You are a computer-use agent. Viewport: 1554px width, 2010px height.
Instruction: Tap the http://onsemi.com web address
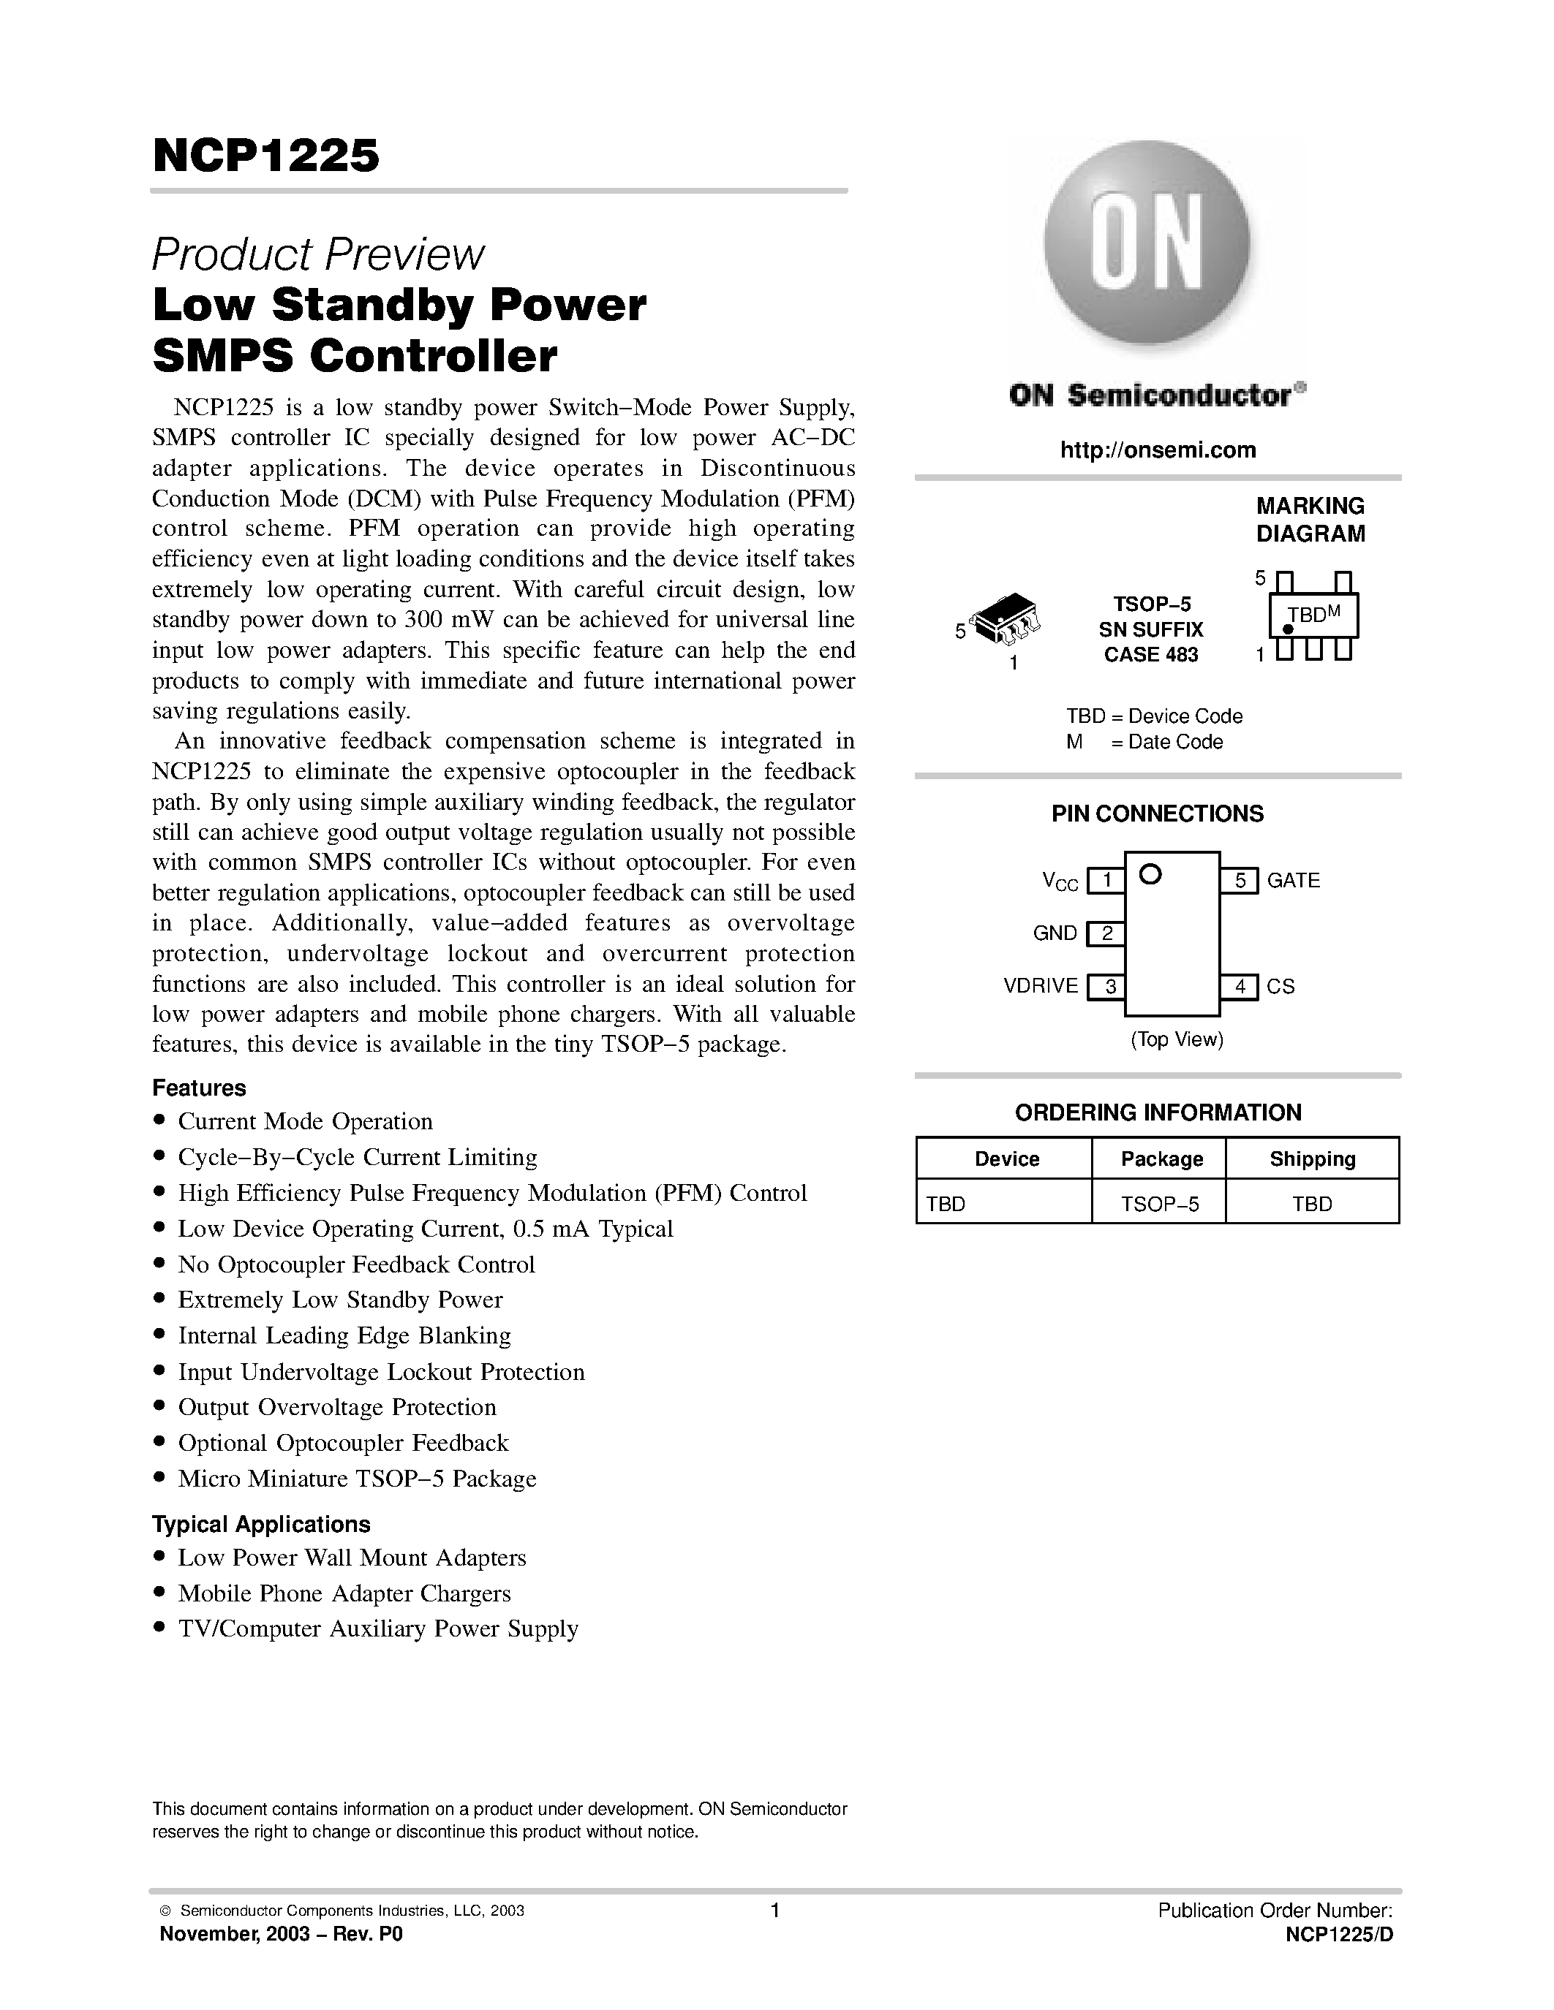[1157, 450]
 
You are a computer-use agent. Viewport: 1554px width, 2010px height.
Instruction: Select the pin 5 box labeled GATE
[1239, 881]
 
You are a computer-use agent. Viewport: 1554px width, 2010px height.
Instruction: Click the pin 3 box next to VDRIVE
[1107, 987]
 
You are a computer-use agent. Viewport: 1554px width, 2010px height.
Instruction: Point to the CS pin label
[1280, 987]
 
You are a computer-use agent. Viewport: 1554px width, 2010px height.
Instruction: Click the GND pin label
[1055, 933]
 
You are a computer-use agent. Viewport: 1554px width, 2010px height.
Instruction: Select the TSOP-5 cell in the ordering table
[1159, 1204]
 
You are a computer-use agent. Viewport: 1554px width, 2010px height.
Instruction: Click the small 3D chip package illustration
[1006, 618]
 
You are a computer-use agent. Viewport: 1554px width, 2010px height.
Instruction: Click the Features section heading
[199, 1088]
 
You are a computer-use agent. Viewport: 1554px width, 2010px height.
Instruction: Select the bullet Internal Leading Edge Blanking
[344, 1335]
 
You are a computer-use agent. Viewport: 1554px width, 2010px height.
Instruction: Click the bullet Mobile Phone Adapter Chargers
[344, 1593]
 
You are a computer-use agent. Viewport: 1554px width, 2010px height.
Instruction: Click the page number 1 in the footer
[774, 1910]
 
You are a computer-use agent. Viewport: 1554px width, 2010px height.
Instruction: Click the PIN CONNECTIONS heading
[1157, 814]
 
